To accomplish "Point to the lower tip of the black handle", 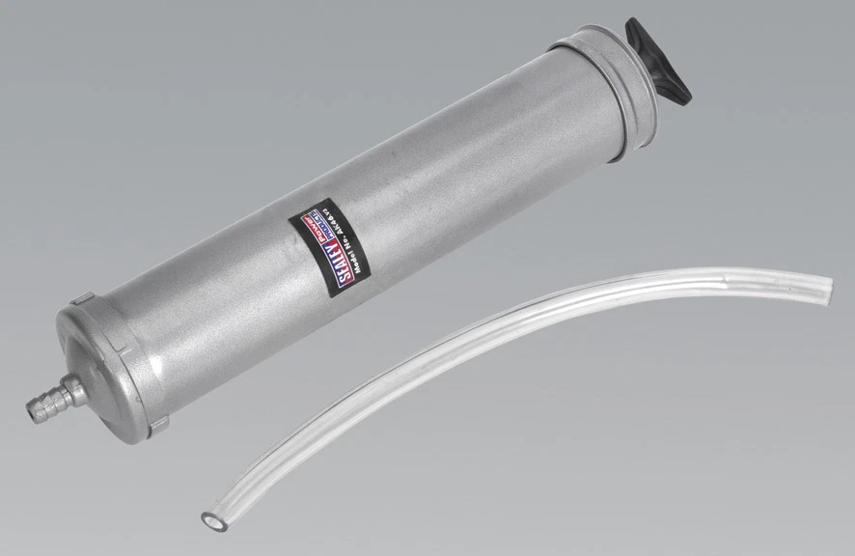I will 683,96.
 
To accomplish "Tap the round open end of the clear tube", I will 209,519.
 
